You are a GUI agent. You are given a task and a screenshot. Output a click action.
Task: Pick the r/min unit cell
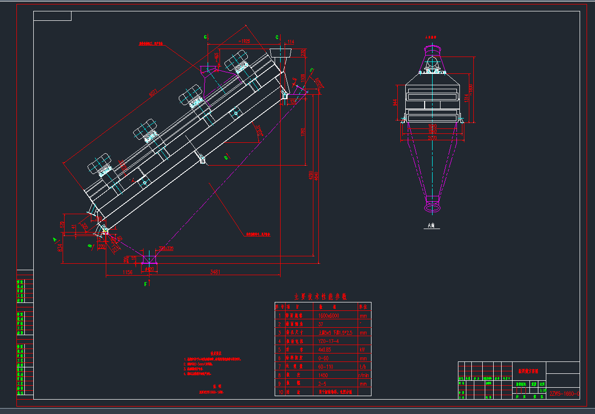tap(364, 375)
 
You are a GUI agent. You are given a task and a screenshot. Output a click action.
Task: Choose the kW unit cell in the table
tap(363, 350)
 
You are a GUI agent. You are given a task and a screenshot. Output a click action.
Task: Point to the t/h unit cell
tap(363, 366)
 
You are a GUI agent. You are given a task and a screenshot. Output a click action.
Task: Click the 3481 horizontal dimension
tap(215, 271)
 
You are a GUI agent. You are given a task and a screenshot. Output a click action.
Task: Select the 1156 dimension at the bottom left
tap(127, 272)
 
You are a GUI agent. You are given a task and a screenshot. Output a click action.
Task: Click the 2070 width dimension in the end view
tap(433, 137)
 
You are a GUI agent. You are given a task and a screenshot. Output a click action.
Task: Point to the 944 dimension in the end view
tap(395, 102)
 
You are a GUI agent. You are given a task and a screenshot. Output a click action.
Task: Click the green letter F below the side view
tap(146, 284)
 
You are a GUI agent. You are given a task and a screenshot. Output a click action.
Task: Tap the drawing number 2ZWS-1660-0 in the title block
tap(565, 394)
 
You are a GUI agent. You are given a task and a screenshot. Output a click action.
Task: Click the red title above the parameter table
tap(320, 296)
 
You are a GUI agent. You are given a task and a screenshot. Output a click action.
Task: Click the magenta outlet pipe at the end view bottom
tap(433, 204)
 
